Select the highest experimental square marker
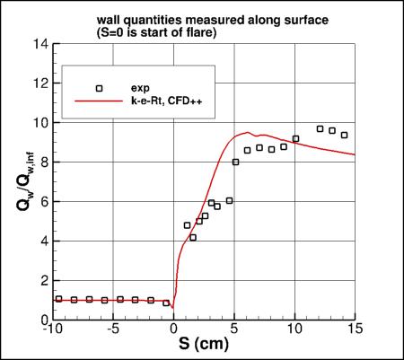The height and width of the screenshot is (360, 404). (x=320, y=128)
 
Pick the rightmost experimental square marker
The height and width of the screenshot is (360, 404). (x=344, y=135)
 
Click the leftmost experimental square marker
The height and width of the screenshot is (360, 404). (x=59, y=299)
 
